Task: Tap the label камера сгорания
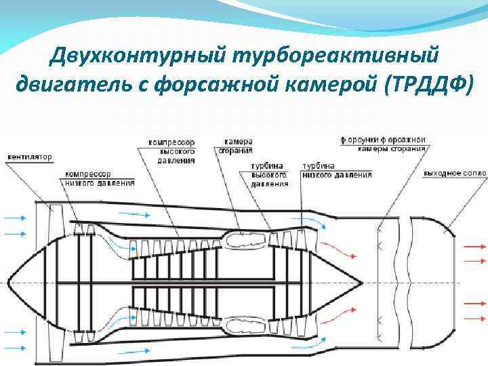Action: (x=235, y=146)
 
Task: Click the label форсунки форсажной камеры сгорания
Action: (x=384, y=144)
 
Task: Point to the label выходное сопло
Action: (x=455, y=174)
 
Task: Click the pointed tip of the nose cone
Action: (x=8, y=281)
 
